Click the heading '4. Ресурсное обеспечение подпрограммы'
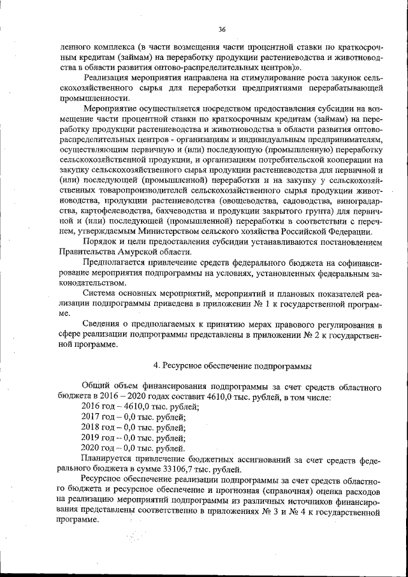point(233,366)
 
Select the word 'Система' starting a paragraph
point(99,294)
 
